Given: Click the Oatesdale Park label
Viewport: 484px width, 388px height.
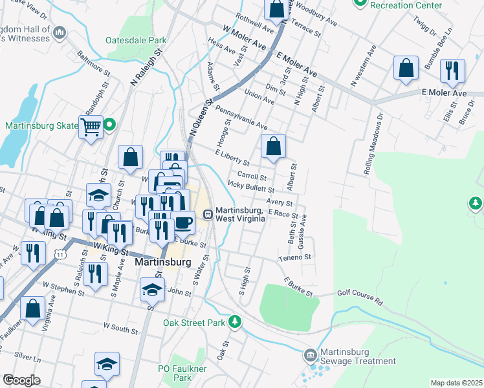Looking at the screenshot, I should [136, 39].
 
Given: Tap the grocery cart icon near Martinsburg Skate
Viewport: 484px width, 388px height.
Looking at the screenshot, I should [91, 126].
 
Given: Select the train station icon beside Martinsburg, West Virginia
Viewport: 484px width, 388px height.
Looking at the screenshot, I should [208, 215].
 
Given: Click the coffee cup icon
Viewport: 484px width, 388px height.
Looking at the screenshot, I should [183, 222].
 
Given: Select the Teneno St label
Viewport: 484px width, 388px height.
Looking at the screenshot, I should [295, 257].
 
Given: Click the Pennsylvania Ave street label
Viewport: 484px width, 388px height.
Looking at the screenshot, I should [241, 118].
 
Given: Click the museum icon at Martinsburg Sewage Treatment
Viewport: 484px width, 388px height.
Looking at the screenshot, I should [310, 355].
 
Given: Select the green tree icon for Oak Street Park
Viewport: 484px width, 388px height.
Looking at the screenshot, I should [237, 321].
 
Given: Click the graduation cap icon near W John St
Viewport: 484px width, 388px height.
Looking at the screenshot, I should [152, 290].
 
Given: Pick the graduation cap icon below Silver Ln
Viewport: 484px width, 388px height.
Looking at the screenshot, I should [107, 364].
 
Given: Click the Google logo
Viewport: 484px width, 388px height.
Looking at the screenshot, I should [22, 380].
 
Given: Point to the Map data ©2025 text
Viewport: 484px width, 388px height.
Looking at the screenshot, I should [457, 383].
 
